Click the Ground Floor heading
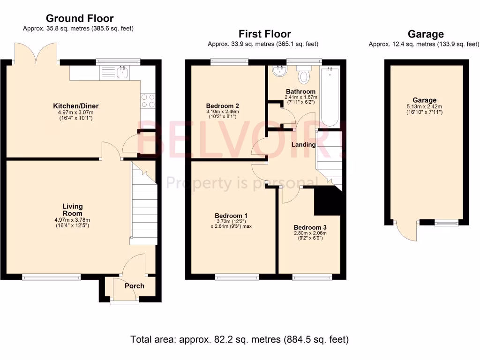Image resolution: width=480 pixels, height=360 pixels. point(79,19)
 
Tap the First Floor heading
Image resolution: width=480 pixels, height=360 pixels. point(264,34)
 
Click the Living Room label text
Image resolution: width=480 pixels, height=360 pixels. point(73,210)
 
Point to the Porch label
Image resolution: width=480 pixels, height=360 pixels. point(135,286)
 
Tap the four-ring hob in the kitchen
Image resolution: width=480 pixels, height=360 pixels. point(148,101)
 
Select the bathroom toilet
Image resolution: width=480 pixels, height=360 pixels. point(304,75)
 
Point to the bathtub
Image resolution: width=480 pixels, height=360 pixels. point(330,96)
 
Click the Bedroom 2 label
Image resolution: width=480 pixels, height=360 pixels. point(222,105)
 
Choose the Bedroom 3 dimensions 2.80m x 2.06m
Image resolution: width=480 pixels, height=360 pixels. point(310,233)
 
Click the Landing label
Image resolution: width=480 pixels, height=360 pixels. point(303,144)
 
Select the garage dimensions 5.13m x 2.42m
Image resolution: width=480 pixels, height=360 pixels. point(425,106)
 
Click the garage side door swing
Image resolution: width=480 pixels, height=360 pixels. point(403,230)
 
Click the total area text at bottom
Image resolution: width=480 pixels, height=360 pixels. point(239,339)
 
